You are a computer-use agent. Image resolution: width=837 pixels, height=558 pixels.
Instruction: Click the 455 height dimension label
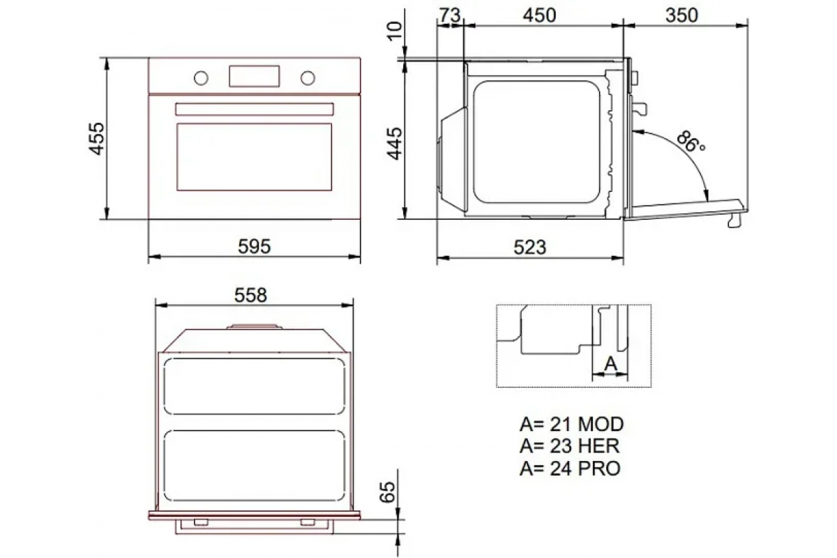pos(96,138)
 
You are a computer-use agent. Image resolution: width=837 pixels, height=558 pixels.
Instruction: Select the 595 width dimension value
pos(254,246)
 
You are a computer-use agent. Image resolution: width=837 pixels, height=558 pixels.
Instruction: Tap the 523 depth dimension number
pos(530,247)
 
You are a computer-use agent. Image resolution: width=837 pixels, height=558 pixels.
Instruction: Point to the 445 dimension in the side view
pos(394,144)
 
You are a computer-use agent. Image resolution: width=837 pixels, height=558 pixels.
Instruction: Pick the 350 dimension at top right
pos(681,16)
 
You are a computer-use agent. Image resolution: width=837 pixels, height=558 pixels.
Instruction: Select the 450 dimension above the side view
pos(539,16)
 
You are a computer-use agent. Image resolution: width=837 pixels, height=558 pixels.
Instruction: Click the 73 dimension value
pos(450,16)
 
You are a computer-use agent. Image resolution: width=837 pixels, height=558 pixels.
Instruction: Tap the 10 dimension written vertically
pos(395,31)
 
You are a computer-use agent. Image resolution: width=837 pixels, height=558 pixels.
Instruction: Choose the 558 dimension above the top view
pos(250,295)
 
